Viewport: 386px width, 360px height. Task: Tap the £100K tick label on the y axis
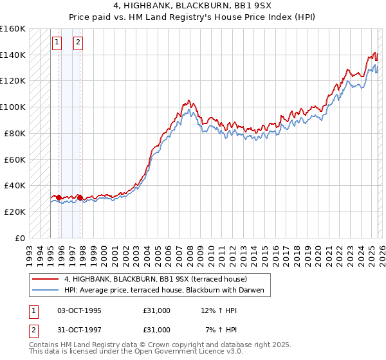click(12, 107)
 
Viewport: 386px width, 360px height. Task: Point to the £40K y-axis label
click(14, 185)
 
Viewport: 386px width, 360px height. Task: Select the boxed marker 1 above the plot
click(57, 43)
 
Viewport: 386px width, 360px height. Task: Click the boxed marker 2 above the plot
click(78, 43)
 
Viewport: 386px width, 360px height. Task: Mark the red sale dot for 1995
click(59, 197)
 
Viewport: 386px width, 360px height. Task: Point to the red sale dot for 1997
click(80, 197)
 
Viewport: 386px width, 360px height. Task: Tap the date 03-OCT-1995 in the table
click(79, 310)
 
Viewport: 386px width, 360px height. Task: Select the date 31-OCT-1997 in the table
click(79, 329)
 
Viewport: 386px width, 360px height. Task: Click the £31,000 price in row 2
click(157, 329)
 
